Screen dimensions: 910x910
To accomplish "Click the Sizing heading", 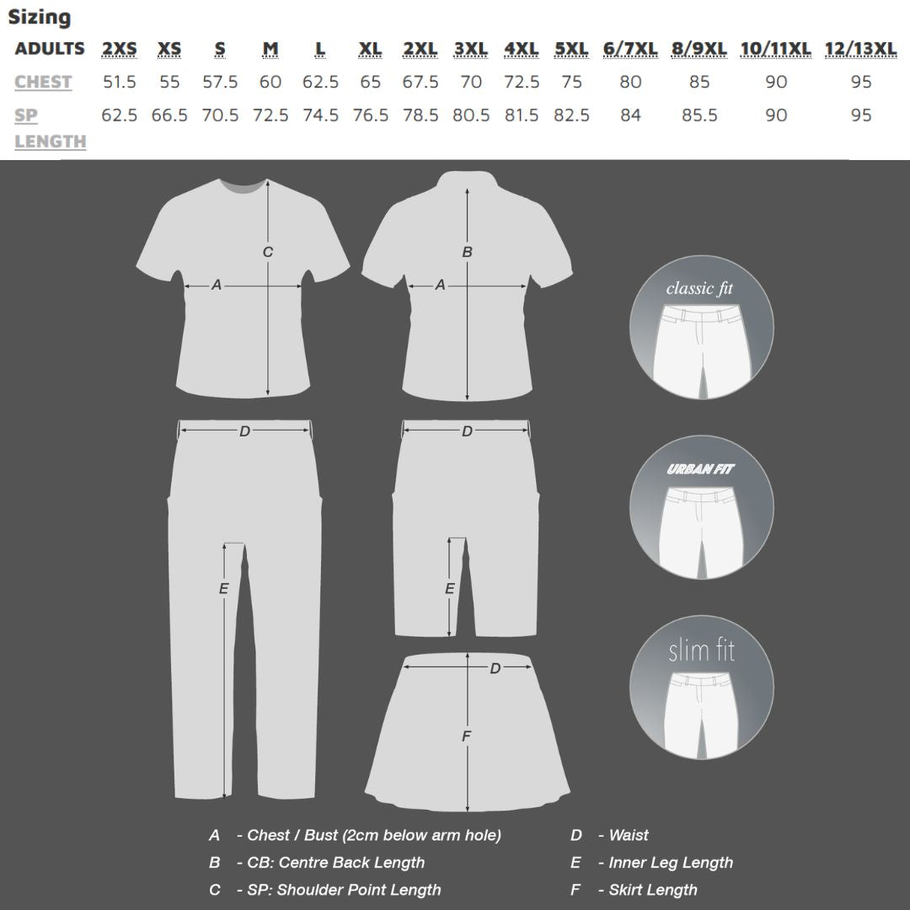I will pos(40,17).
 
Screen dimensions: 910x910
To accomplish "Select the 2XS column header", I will pos(119,49).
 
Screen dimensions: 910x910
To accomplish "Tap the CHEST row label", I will pos(43,82).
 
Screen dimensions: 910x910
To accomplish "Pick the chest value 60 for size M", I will pos(270,82).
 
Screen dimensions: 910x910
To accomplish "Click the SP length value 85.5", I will pos(699,115).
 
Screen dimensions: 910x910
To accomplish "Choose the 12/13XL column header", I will pos(860,49).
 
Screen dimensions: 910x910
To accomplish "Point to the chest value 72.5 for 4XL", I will pos(522,82).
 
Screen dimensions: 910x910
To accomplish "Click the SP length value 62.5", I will pos(119,115).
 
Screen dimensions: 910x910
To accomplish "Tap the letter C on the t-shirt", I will pos(268,251).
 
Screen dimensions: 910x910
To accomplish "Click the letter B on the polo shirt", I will pos(468,251).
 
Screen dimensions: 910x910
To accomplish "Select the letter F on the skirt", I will pos(467,736).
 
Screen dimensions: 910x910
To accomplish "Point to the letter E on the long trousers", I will pos(224,588).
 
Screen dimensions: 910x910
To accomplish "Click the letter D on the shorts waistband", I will pos(467,431).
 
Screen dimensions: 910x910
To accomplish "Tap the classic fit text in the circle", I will pos(699,289).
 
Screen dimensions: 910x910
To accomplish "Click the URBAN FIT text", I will pos(700,469).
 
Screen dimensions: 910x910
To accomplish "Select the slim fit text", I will pos(701,650).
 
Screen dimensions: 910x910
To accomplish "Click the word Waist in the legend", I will pos(629,835).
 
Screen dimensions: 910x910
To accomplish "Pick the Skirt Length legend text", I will pos(653,889).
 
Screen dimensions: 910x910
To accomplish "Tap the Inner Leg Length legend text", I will pos(671,862).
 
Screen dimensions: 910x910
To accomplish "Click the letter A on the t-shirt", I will pos(217,286).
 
